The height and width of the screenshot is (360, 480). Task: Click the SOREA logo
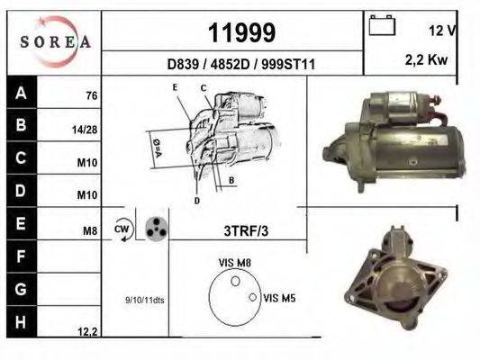tap(53, 41)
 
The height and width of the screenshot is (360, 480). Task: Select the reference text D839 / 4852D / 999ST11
tap(234, 65)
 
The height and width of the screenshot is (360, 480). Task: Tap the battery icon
tap(383, 27)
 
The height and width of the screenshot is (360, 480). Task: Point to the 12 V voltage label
tap(443, 31)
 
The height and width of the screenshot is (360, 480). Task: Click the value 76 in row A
tap(91, 96)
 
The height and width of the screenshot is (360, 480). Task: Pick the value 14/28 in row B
tap(85, 130)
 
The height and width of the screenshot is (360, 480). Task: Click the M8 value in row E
tap(89, 231)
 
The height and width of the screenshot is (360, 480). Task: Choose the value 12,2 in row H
tap(87, 332)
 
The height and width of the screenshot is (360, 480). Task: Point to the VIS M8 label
tap(233, 262)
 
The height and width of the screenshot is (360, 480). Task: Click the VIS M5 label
tap(279, 296)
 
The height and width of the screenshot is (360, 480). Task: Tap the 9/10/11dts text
tap(143, 300)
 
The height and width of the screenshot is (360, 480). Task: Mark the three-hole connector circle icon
tap(156, 228)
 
